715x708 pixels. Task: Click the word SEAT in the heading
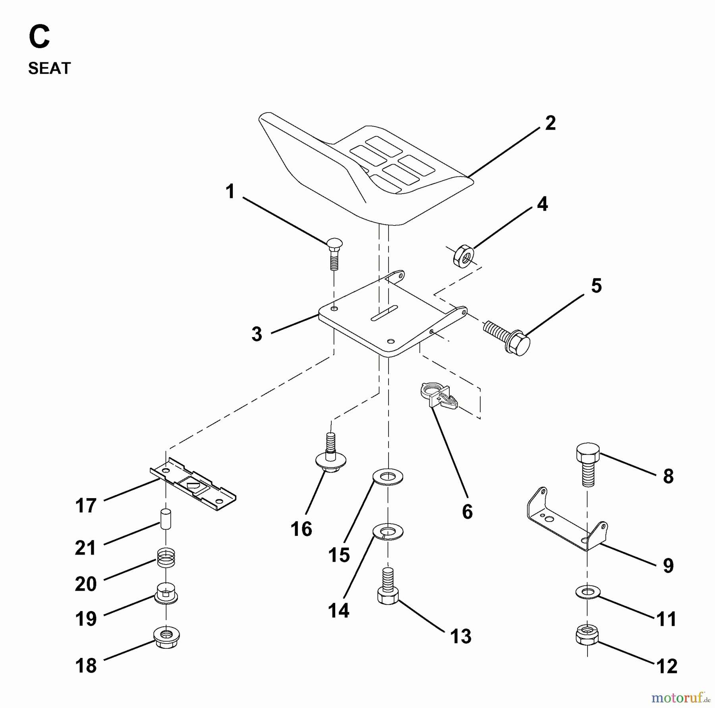tap(49, 68)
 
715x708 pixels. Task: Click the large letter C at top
tap(39, 37)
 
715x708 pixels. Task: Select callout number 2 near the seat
tap(550, 123)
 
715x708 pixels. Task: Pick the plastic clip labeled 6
tap(437, 396)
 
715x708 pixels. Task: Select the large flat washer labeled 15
tap(388, 477)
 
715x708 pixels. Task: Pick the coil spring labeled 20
tap(166, 558)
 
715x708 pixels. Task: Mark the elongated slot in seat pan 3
tap(384, 313)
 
